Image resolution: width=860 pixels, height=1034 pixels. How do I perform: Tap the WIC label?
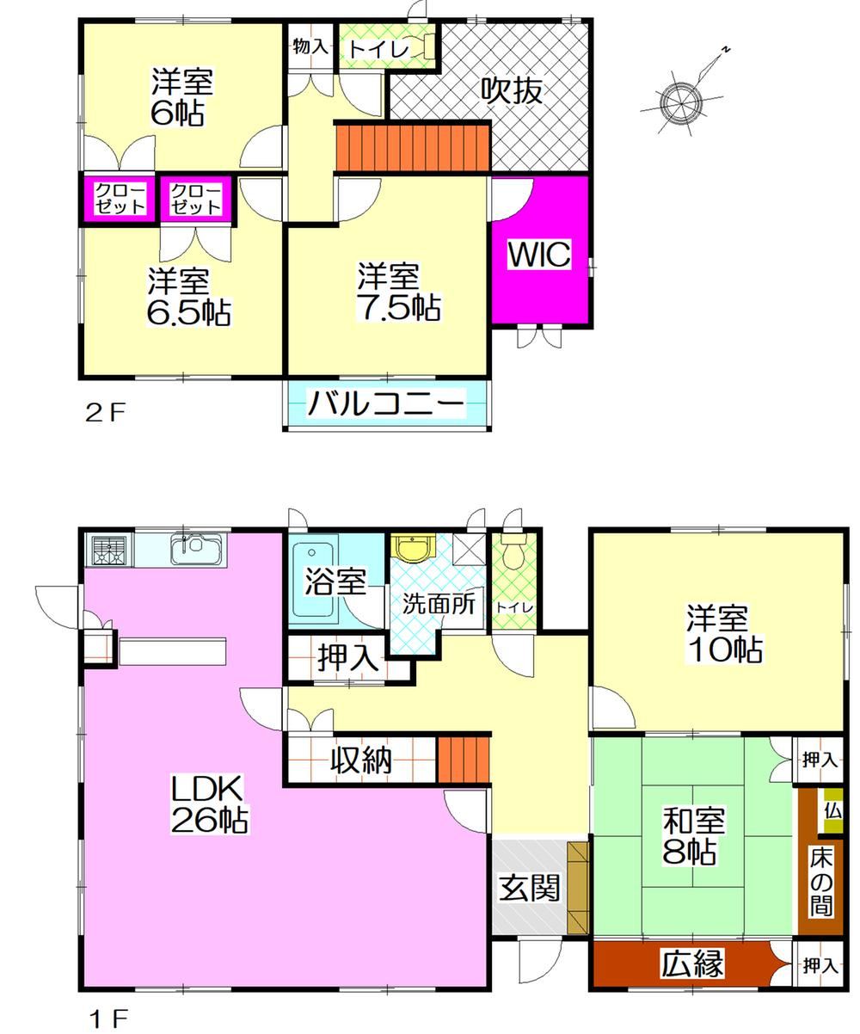(540, 254)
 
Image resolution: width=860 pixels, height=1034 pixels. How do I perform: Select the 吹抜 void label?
(513, 89)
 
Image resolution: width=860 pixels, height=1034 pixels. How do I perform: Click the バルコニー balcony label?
(385, 403)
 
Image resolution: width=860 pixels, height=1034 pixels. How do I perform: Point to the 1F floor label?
(109, 1017)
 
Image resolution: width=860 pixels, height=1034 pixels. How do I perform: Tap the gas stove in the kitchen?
(109, 549)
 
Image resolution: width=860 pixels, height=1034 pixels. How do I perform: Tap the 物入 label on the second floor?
(310, 47)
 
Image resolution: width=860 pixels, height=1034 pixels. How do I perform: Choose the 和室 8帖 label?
(693, 836)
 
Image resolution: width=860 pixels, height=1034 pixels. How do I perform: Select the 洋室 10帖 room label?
(723, 635)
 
